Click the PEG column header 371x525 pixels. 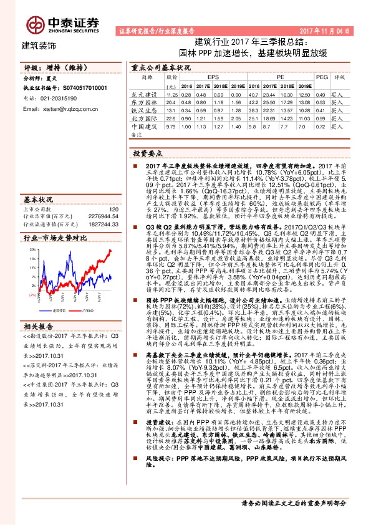pyautogui.click(x=321, y=76)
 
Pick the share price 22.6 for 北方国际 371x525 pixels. pyautogui.click(x=171, y=117)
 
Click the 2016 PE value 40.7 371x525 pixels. pyautogui.click(x=254, y=93)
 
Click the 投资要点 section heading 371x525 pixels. pyautogui.click(x=148, y=152)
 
